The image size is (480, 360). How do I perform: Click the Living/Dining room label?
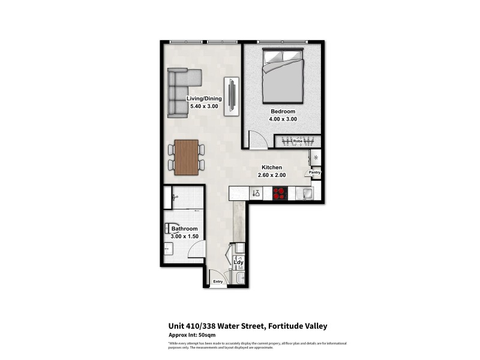[204, 99]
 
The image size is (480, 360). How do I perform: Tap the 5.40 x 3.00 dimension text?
[204, 107]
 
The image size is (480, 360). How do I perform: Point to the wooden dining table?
[186, 157]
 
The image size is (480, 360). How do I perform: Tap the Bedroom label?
[283, 111]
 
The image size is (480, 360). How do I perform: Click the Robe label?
[298, 141]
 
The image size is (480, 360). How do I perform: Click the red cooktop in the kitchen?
[280, 193]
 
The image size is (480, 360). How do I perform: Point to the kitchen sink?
[305, 193]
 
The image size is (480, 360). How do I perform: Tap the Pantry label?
[314, 173]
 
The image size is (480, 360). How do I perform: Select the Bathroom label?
[184, 229]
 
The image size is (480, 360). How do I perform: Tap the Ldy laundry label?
[238, 262]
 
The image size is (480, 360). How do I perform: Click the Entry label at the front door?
[217, 282]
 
